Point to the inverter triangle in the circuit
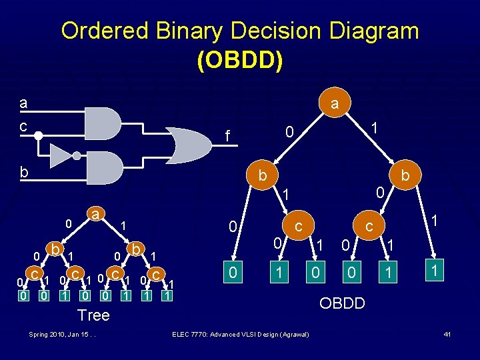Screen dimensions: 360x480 tap(61, 155)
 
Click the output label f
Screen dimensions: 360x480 tap(227, 137)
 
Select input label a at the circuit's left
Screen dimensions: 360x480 tap(23, 103)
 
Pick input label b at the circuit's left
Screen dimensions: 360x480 tap(24, 171)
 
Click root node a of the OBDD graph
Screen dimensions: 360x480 tap(335, 104)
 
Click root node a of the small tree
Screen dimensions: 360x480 tap(96, 215)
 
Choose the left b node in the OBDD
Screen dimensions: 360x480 tap(263, 176)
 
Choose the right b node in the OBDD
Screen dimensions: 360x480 tap(406, 176)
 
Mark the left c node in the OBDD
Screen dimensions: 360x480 tap(299, 227)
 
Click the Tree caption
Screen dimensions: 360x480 tap(94, 315)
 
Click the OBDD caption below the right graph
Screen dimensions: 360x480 tap(342, 303)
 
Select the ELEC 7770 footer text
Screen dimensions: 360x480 tap(240, 333)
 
